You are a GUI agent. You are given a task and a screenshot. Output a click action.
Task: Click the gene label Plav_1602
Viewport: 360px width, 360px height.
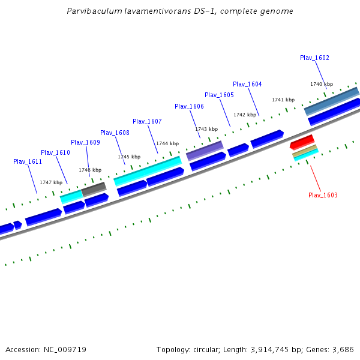coord(314,58)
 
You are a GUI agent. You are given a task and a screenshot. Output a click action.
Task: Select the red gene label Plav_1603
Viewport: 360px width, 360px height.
coord(323,195)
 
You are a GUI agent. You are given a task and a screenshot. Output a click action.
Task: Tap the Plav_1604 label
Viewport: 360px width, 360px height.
coord(247,84)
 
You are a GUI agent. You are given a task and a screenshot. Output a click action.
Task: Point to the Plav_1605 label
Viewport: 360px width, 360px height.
coord(219,95)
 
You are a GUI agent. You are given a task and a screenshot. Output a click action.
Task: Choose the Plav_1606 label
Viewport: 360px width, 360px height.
coord(189,106)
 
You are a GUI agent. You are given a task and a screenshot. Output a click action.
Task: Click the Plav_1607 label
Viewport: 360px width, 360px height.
coord(147,121)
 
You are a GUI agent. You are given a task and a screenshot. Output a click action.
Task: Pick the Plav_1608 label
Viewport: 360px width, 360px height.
coord(115,133)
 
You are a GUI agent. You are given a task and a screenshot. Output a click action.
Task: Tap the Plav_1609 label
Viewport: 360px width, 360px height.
coord(85,142)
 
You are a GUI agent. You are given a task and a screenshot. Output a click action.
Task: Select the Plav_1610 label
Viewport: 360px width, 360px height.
coord(55,152)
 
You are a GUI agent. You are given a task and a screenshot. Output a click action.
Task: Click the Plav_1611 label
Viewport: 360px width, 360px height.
coord(28,161)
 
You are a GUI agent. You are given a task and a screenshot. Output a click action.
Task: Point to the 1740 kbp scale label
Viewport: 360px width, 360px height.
coord(321,84)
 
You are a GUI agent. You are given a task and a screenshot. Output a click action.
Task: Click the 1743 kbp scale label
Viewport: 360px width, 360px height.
coord(206,129)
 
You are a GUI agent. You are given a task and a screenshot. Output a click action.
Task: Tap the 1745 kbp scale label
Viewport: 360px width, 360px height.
coord(129,157)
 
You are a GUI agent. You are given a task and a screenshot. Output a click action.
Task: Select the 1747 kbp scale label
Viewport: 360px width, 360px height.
coord(51,182)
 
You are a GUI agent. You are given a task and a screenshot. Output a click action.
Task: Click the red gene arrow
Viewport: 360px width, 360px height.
coord(302,142)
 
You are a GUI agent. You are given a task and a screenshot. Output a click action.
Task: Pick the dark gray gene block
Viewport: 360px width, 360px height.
coord(94,189)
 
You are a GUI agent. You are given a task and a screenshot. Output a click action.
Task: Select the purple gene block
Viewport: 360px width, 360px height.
coord(205,150)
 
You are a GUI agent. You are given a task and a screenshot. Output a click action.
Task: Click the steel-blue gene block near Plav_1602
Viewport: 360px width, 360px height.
coord(331,101)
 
